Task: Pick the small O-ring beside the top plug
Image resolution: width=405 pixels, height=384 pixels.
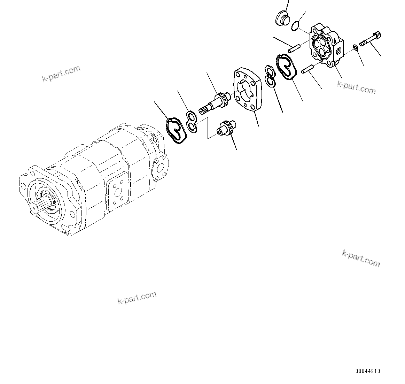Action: click(x=295, y=25)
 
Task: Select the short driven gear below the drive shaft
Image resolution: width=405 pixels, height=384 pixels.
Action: click(x=226, y=128)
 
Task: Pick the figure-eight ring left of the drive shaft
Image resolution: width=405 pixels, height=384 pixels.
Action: click(x=191, y=121)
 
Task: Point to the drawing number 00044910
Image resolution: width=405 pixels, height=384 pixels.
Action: click(x=368, y=371)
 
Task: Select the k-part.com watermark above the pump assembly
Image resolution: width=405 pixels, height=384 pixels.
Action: click(x=61, y=74)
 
